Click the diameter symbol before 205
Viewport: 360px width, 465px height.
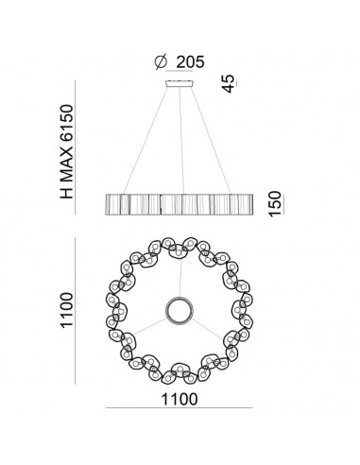click(161, 61)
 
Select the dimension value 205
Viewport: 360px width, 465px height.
click(190, 61)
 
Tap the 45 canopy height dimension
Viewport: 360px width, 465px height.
click(229, 83)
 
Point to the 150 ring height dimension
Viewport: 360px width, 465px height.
click(275, 203)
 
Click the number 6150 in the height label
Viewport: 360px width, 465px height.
click(67, 122)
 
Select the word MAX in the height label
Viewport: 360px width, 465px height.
click(67, 164)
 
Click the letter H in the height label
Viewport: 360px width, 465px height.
click(67, 193)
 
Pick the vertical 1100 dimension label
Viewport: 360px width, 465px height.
click(67, 310)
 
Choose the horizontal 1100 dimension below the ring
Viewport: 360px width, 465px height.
click(180, 399)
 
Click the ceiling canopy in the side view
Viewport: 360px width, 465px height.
click(180, 83)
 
